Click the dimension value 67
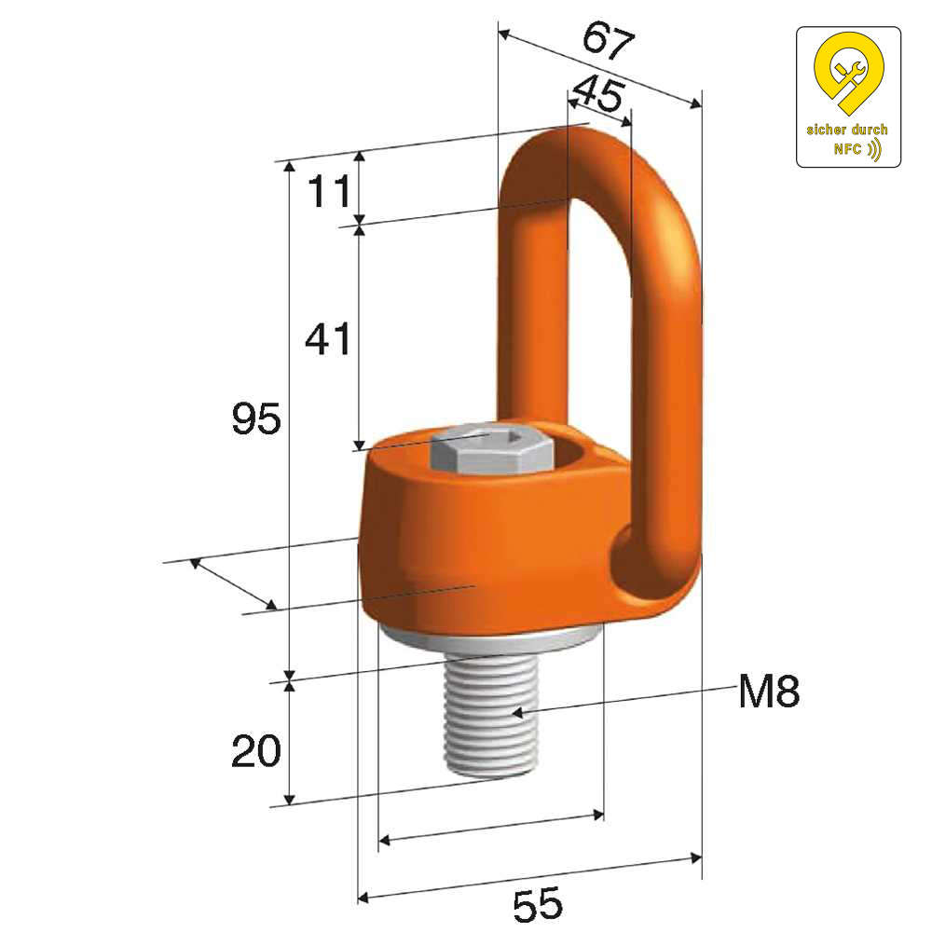[x=608, y=40]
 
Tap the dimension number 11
[x=329, y=191]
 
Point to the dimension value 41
[x=327, y=339]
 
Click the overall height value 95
[x=256, y=418]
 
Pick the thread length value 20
[x=256, y=750]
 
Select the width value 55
[x=538, y=903]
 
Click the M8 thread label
[x=769, y=692]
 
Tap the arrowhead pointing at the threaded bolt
[x=516, y=711]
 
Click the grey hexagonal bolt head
[x=491, y=449]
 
